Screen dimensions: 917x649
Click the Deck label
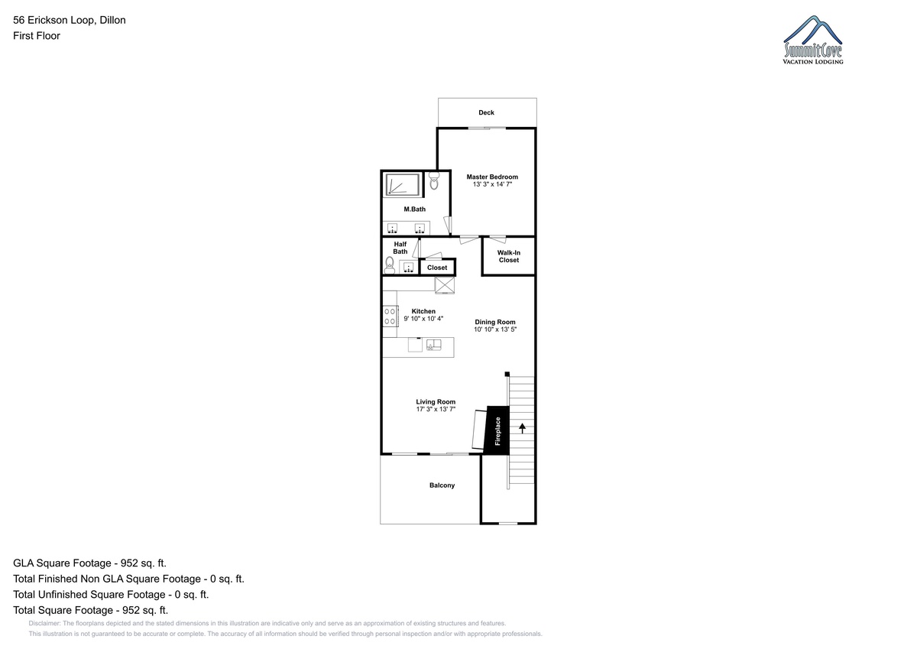coord(486,112)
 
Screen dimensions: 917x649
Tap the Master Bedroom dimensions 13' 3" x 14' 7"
coord(492,184)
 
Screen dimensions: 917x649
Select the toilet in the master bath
coord(434,180)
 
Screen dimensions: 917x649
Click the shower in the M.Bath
coord(403,185)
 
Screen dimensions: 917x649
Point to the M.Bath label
coord(415,209)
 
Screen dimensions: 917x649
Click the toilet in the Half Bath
coord(389,265)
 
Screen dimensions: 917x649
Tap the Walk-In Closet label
coord(509,256)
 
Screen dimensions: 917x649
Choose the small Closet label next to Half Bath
coord(437,268)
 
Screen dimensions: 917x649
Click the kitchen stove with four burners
coord(390,316)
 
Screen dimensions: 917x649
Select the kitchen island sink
coord(433,346)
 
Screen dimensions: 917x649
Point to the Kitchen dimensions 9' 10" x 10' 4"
coord(423,319)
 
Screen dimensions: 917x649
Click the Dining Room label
coord(495,323)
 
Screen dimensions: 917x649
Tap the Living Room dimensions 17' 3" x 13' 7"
coord(436,409)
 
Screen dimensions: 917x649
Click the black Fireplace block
coord(497,430)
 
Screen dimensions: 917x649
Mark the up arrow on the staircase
coord(522,428)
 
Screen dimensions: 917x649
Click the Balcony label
coord(442,485)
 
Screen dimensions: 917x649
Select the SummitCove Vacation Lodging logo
coord(812,40)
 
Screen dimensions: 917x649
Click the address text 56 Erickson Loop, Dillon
coord(70,20)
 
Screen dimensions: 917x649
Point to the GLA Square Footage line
coord(89,563)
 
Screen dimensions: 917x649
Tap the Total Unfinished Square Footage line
coord(111,595)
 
